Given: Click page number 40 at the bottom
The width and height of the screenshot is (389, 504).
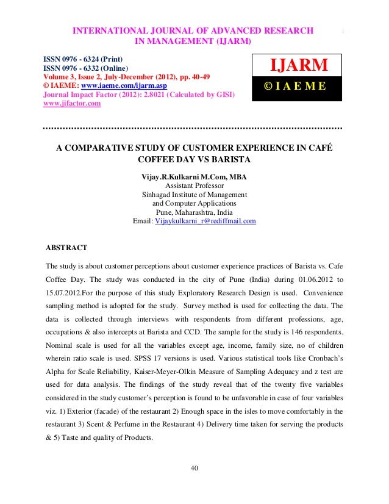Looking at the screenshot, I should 194,468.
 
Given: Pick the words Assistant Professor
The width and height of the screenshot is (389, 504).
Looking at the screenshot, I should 194,186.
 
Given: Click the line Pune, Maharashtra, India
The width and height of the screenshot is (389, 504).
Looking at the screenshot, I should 194,212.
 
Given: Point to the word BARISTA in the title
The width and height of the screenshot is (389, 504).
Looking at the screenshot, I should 228,160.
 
